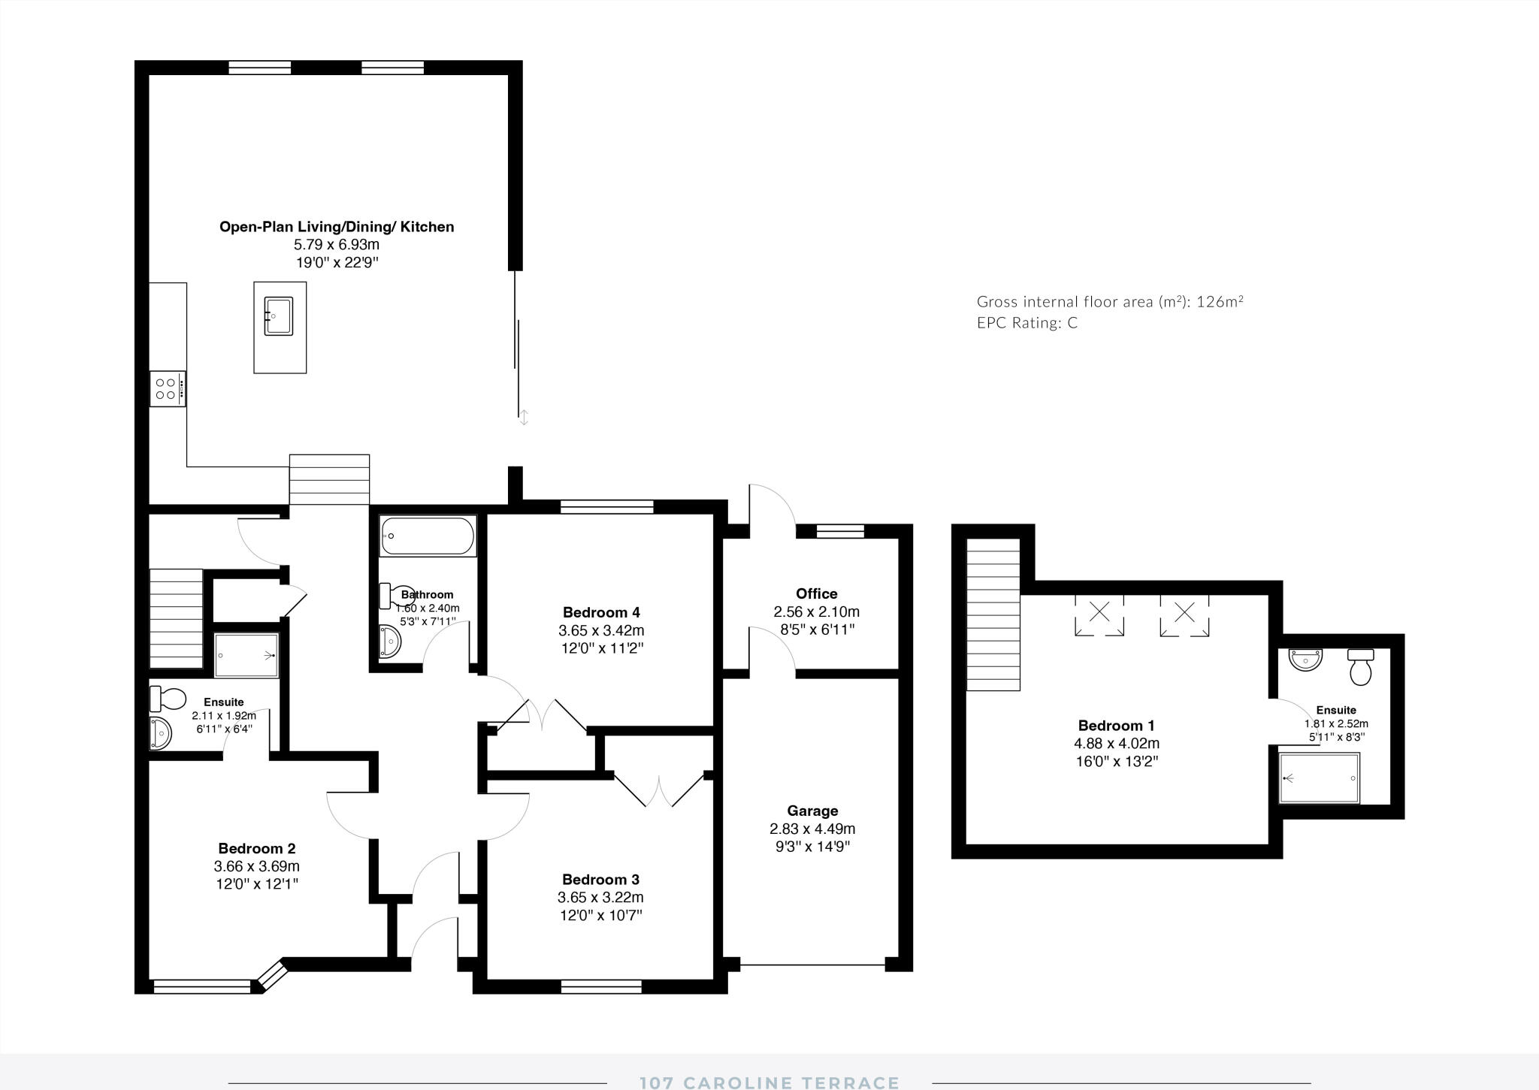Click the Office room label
pos(816,593)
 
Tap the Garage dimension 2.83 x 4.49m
pos(812,829)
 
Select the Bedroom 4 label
pos(601,611)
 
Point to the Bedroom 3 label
pos(600,879)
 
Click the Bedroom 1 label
pos(1116,725)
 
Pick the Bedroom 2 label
pos(256,848)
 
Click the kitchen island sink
pos(278,316)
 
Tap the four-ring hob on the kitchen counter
pos(167,388)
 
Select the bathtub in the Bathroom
pos(428,536)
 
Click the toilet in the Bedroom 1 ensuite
pos(1361,667)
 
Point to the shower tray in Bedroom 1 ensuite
pos(1320,778)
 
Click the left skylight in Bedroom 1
pos(1099,614)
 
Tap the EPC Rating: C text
pos(1027,323)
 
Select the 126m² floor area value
pos(1220,302)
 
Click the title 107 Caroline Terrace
pos(769,1082)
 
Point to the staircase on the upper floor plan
pos(993,614)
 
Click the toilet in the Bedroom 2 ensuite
pos(168,699)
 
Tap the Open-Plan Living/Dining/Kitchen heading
pos(336,226)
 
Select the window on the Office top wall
pos(839,531)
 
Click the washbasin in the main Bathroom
pos(389,641)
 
